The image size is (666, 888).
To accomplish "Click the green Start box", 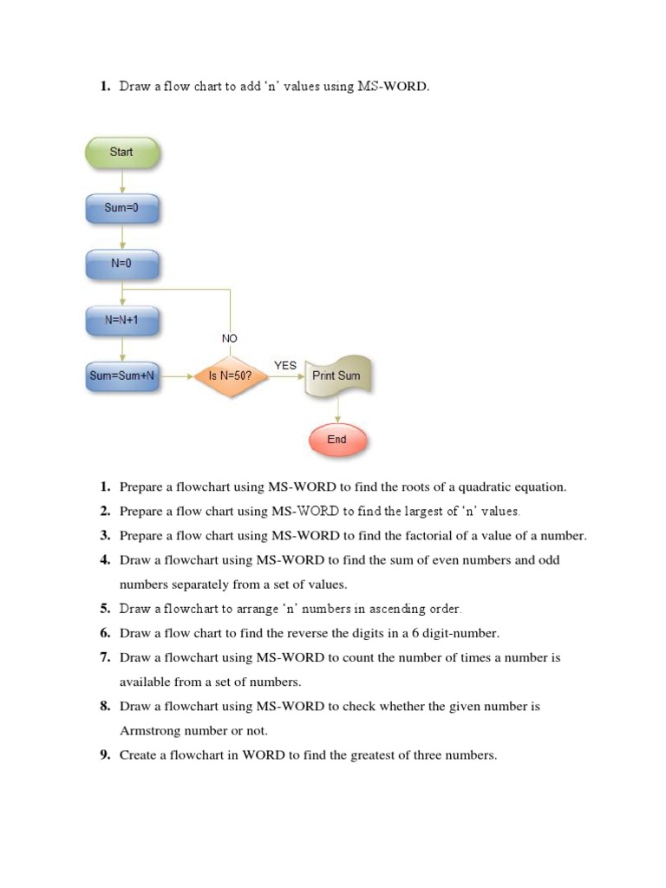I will tap(121, 153).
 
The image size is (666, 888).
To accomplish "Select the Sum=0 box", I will tap(121, 209).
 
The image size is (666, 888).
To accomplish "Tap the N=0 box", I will tap(121, 264).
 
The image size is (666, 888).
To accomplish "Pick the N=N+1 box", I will tap(121, 321).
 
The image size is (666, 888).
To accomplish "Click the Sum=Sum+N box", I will tap(122, 376).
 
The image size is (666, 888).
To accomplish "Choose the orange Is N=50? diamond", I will tap(230, 377).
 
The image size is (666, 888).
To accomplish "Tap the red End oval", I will tap(336, 440).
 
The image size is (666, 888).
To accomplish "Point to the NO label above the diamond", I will tap(230, 338).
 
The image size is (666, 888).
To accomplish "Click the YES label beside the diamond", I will tap(285, 366).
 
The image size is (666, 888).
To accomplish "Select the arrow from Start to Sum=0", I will tap(122, 181).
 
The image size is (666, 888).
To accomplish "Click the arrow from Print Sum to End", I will tap(337, 410).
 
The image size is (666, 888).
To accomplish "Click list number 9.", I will tap(105, 755).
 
